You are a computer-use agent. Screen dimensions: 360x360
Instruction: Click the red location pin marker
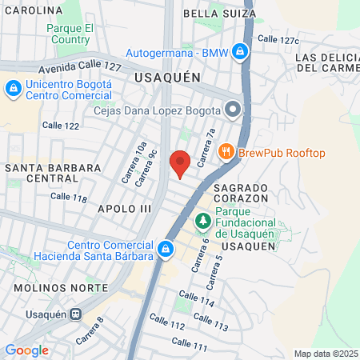[x=180, y=162]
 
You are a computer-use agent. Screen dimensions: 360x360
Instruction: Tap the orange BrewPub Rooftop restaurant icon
[x=226, y=152]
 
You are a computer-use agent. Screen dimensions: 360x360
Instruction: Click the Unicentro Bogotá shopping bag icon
[x=13, y=88]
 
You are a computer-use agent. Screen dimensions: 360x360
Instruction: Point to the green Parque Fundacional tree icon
[x=204, y=220]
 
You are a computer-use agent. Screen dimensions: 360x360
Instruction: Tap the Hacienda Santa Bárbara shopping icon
[x=166, y=250]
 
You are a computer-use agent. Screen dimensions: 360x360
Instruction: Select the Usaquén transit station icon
[x=77, y=315]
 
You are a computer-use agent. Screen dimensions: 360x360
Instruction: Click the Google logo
[x=26, y=350]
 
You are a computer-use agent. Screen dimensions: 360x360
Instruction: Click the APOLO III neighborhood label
[x=123, y=208]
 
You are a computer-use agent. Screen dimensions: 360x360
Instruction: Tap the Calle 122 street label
[x=61, y=126]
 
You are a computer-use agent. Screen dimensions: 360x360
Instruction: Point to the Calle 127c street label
[x=278, y=39]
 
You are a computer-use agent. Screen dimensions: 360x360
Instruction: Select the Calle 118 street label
[x=68, y=197]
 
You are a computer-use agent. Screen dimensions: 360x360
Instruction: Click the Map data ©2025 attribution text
[x=326, y=354]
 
